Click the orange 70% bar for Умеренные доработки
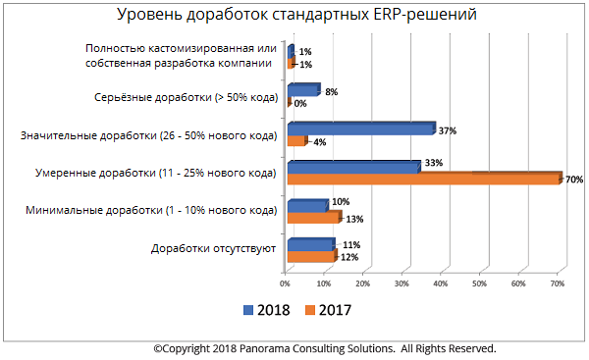[422, 180]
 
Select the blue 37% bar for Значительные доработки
[359, 129]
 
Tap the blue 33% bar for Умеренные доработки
[352, 167]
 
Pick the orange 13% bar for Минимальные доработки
[311, 218]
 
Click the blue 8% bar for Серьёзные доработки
[301, 90]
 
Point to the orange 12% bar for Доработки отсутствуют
[309, 256]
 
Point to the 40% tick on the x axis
[440, 283]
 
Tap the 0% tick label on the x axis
[285, 283]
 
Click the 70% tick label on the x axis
[556, 283]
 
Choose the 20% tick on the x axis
[362, 283]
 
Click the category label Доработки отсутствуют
[211, 248]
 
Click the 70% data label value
[574, 180]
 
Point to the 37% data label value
[449, 129]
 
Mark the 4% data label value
[318, 141]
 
